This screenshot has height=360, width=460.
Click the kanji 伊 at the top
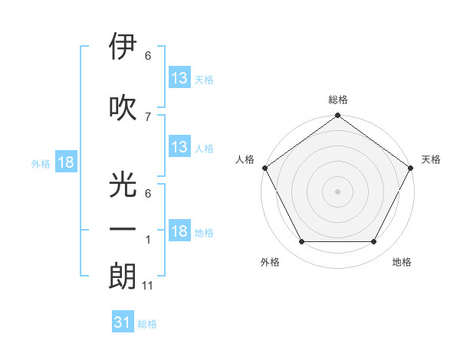[x=123, y=48]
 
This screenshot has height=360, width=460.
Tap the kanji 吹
[x=123, y=107]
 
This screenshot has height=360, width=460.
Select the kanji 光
[x=123, y=185]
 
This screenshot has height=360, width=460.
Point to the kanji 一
[x=123, y=229]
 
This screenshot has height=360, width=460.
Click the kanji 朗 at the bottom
[x=123, y=276]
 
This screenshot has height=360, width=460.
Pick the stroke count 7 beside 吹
[x=148, y=116]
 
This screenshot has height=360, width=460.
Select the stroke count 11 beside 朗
[x=149, y=286]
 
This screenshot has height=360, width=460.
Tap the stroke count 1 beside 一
[x=148, y=240]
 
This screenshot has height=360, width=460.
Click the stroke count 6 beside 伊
[x=148, y=56]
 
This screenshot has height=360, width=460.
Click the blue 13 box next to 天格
[x=179, y=77]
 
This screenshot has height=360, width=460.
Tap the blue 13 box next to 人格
[x=179, y=147]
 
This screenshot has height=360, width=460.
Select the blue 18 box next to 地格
[x=179, y=232]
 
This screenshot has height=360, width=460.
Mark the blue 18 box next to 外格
[x=66, y=162]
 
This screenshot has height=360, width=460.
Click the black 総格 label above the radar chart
[x=337, y=100]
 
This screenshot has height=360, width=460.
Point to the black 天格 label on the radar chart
[x=431, y=159]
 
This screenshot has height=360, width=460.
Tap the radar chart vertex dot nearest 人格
[x=264, y=168]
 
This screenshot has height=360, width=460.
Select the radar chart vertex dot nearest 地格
[x=374, y=242]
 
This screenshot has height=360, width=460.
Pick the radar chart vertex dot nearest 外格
[x=301, y=242]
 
